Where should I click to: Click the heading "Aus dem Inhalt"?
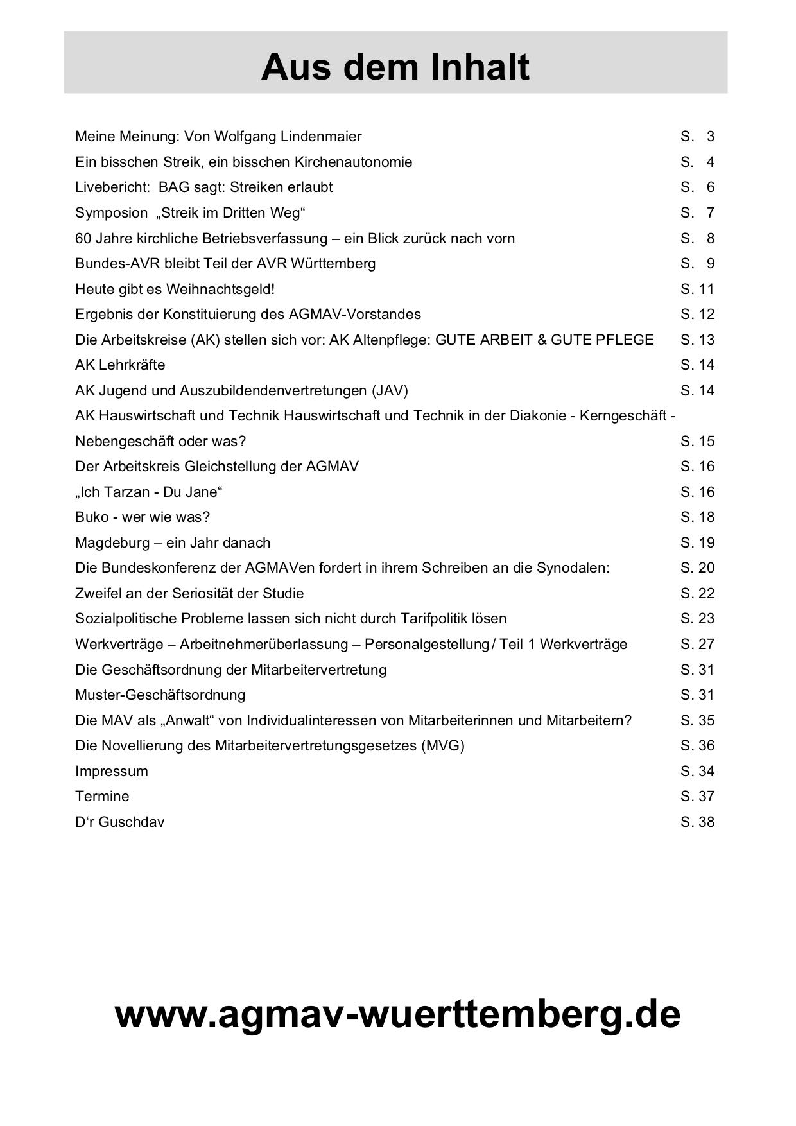point(395,67)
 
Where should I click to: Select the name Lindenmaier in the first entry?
point(321,136)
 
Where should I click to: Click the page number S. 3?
point(697,136)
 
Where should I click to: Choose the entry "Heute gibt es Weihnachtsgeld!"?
point(175,289)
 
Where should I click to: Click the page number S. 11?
point(697,289)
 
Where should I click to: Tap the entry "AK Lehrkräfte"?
point(120,365)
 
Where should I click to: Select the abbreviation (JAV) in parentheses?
point(389,390)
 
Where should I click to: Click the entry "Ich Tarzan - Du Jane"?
point(149,492)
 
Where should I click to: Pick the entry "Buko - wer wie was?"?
point(143,517)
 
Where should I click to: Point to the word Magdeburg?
point(112,542)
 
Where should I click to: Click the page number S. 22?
point(697,593)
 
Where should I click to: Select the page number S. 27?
point(697,644)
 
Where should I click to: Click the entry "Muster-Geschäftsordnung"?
point(160,695)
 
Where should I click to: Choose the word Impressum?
point(111,771)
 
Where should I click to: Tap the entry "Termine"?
point(102,796)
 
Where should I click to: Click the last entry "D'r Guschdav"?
point(119,822)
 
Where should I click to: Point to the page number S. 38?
point(697,822)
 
